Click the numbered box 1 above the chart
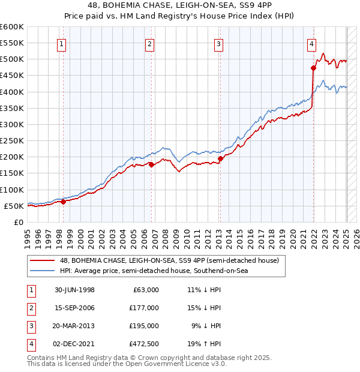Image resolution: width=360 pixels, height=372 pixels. pyautogui.click(x=63, y=43)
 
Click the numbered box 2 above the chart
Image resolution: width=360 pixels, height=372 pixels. pyautogui.click(x=149, y=43)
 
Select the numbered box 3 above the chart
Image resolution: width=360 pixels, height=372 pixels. pyautogui.click(x=218, y=43)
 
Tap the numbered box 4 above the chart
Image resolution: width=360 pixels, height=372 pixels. pyautogui.click(x=312, y=43)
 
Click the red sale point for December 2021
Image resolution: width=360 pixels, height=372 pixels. pyautogui.click(x=313, y=68)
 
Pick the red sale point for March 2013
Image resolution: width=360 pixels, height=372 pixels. pyautogui.click(x=220, y=158)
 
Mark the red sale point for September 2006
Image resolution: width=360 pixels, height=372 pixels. pyautogui.click(x=151, y=164)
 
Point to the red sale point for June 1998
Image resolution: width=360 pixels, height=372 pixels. pyautogui.click(x=64, y=202)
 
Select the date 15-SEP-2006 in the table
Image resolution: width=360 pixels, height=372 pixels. pyautogui.click(x=76, y=308)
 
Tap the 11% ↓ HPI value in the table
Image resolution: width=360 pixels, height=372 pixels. pyautogui.click(x=204, y=290)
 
